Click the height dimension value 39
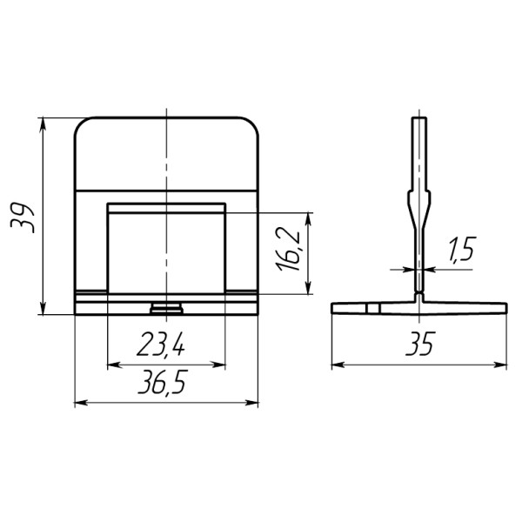click(x=23, y=218)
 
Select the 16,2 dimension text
click(x=288, y=250)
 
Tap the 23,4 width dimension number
click(x=161, y=344)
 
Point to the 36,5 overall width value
click(x=163, y=382)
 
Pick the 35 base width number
click(x=420, y=344)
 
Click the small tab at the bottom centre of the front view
click(x=166, y=308)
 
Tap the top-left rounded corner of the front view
click(x=82, y=124)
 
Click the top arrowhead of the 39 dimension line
click(x=43, y=124)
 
